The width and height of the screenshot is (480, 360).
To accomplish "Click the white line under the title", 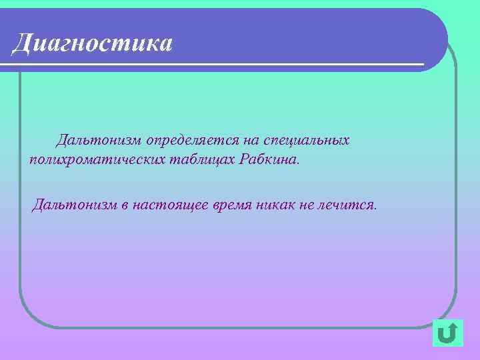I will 213,65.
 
